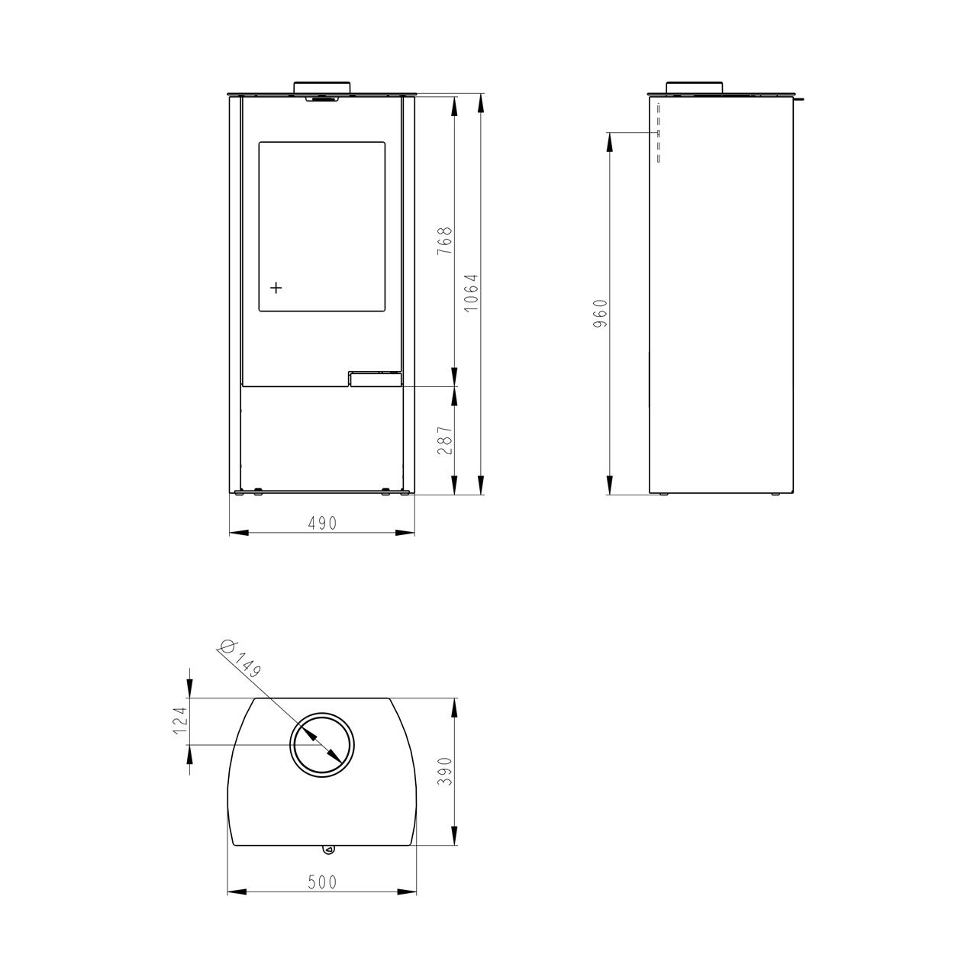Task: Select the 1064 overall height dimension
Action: click(x=472, y=293)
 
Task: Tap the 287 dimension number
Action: click(x=444, y=440)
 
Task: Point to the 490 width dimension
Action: click(x=322, y=523)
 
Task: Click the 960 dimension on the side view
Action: click(x=600, y=314)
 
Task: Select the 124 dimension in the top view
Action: click(x=180, y=721)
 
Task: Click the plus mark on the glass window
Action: click(x=276, y=288)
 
